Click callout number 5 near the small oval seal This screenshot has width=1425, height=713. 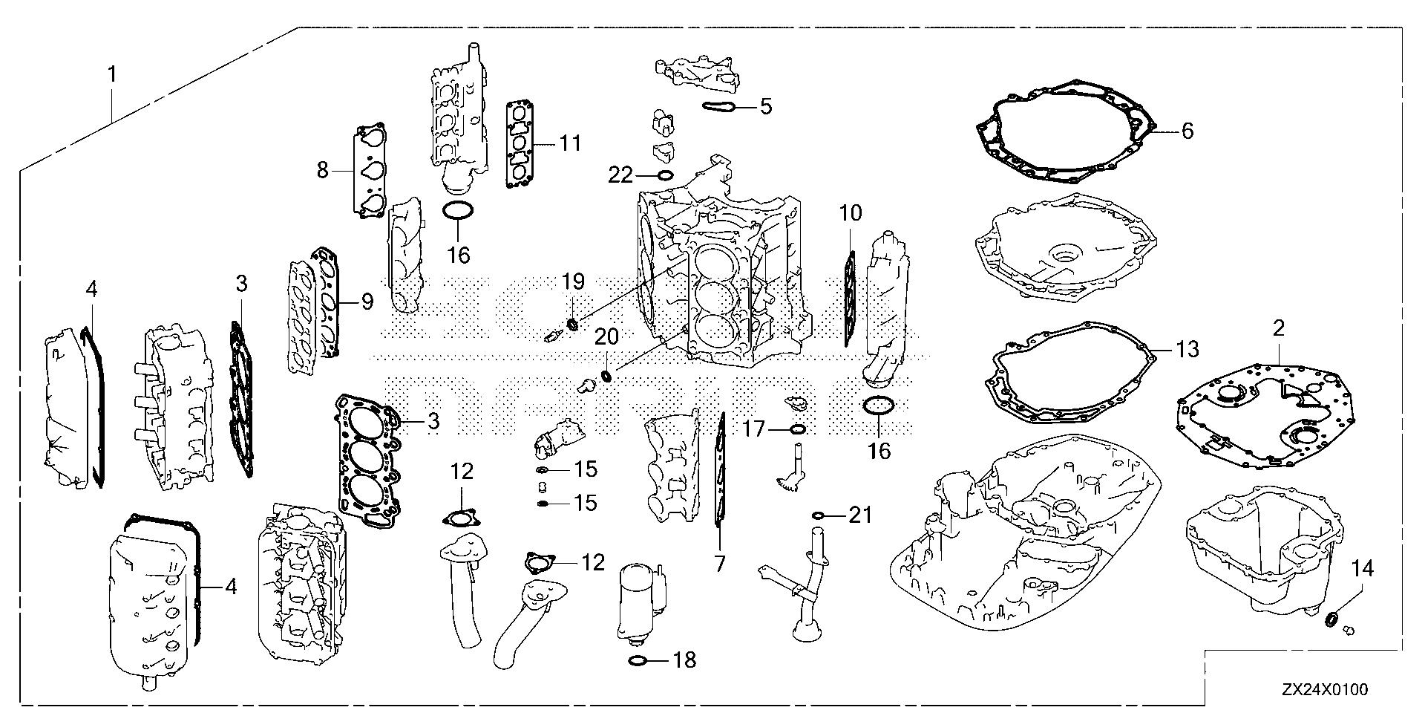pos(765,106)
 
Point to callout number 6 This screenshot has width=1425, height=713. pos(1187,131)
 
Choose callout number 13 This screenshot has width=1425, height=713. pos(1187,349)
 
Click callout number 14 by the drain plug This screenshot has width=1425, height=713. pos(1363,569)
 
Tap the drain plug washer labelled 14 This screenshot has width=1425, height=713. pos(1332,618)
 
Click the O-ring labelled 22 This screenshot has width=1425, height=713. pos(665,176)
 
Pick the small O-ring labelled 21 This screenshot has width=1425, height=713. pos(819,515)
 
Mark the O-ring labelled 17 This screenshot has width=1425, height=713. pos(798,429)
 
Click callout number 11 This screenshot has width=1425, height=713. pos(569,143)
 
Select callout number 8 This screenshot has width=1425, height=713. pos(322,170)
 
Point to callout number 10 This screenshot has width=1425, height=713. pos(851,214)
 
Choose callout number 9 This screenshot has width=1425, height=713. pos(366,301)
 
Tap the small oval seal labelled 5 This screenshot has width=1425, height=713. pos(719,107)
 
